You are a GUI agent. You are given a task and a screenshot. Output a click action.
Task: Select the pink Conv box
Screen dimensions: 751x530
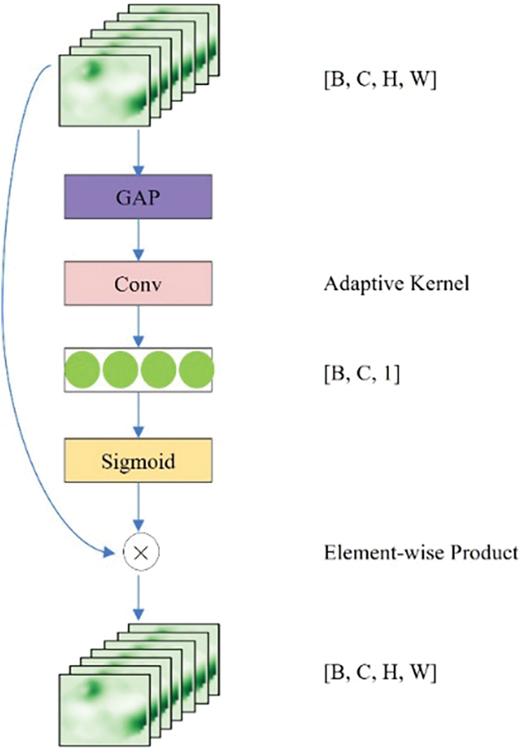click(138, 283)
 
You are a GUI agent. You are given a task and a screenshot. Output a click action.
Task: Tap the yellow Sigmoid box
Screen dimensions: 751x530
click(138, 461)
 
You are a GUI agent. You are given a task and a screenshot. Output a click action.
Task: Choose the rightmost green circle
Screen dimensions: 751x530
click(196, 370)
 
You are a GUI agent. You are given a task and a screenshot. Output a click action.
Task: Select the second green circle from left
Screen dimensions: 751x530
click(119, 370)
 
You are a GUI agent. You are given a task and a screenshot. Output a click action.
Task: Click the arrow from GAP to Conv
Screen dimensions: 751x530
click(138, 238)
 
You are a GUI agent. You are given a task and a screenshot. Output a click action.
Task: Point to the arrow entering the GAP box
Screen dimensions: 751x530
click(138, 151)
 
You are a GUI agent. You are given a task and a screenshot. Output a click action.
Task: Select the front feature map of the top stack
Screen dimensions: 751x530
click(104, 91)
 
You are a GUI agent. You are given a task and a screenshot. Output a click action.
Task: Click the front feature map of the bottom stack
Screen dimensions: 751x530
click(104, 706)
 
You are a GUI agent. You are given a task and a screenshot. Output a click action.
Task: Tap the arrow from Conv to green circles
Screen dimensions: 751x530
click(138, 327)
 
